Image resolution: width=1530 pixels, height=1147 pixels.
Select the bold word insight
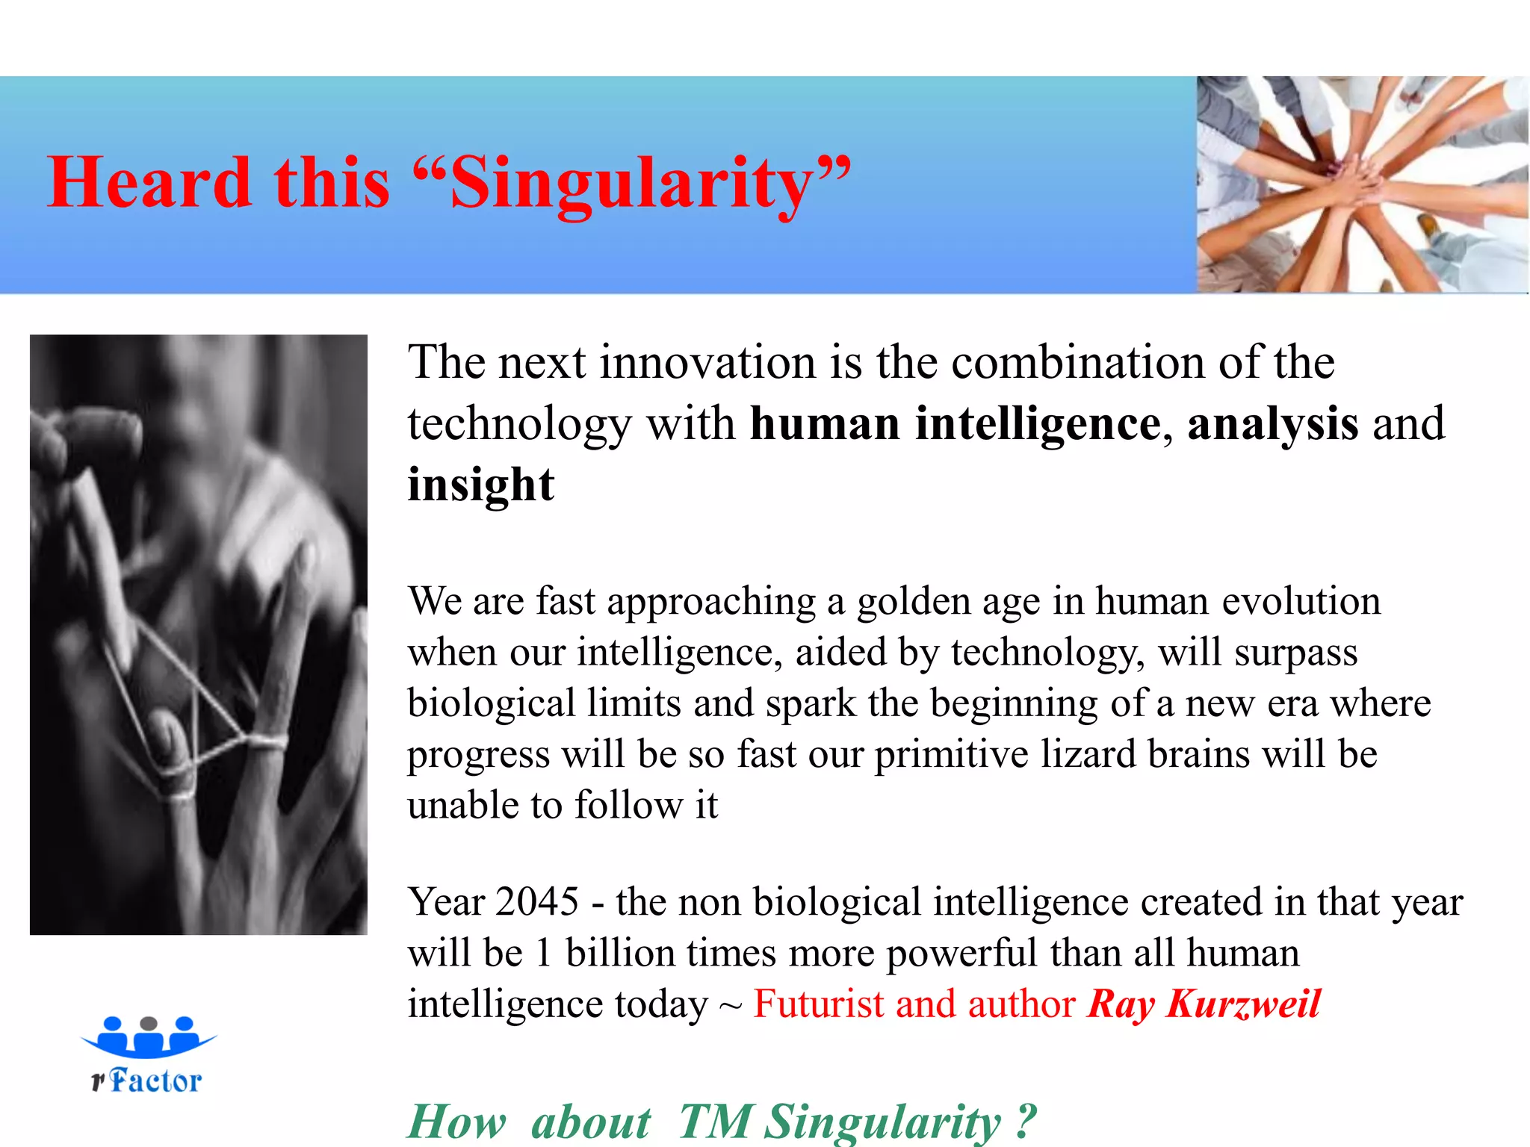481,485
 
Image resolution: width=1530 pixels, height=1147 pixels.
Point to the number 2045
536,902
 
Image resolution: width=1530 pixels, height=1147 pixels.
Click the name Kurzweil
1244,1004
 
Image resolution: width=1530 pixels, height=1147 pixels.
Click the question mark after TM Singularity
1026,1120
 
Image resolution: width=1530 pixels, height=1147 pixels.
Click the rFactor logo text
148,1081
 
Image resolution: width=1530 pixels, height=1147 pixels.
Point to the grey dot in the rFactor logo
149,1023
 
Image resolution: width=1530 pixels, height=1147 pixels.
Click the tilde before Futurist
730,1007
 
